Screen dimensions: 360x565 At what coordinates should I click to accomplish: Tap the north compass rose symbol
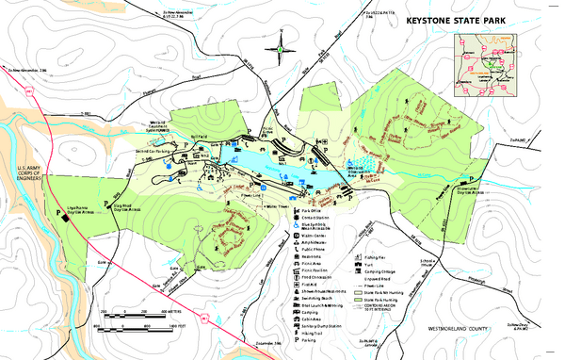[281, 43]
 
